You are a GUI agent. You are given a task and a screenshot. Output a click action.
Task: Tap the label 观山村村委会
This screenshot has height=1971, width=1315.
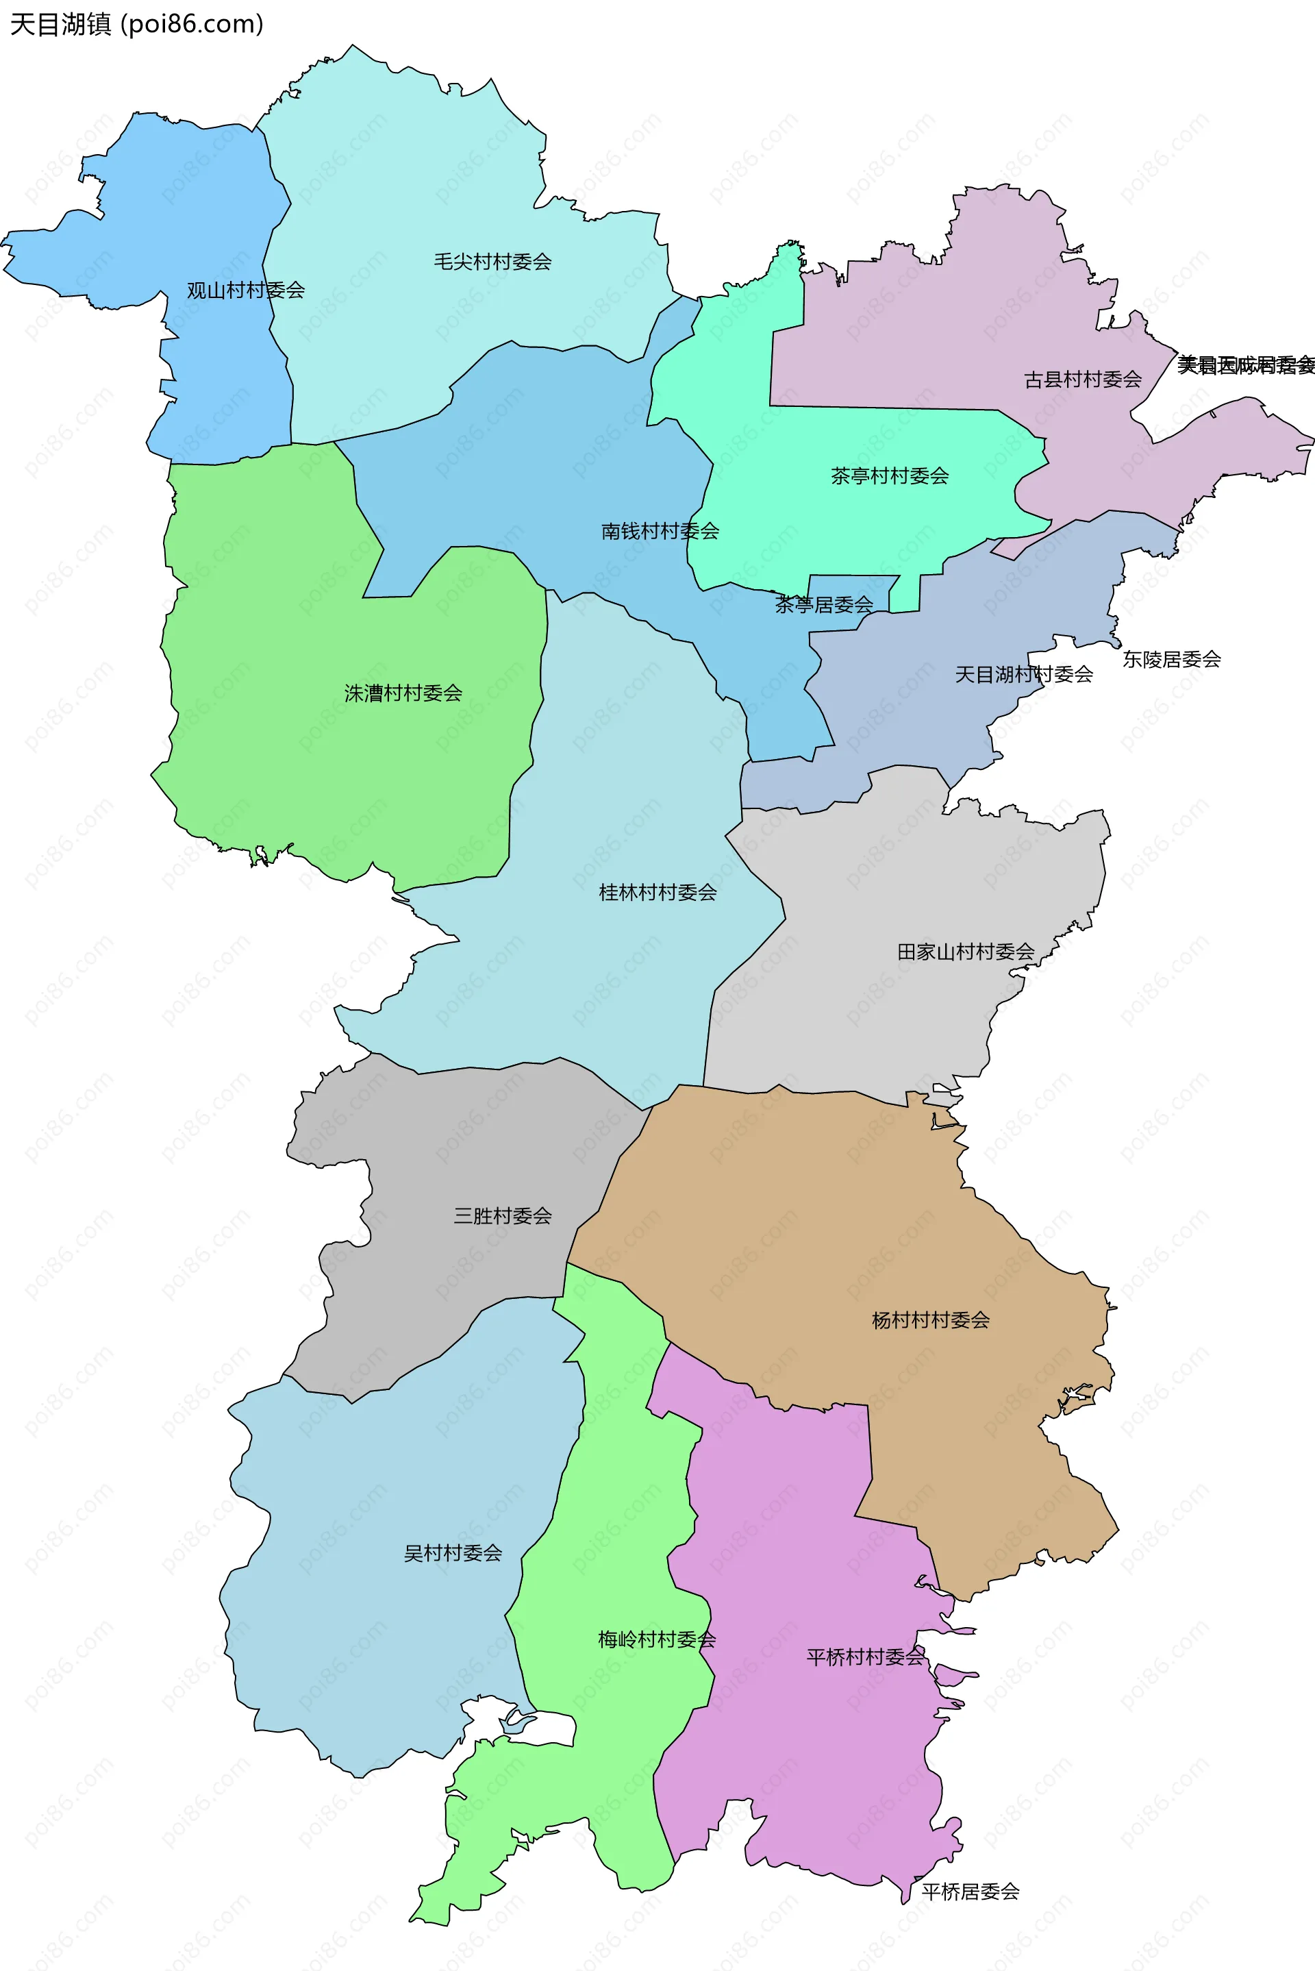245,290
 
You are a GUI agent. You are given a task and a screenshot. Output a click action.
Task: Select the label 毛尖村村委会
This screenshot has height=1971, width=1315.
492,262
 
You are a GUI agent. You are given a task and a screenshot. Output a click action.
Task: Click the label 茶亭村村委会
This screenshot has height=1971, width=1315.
890,476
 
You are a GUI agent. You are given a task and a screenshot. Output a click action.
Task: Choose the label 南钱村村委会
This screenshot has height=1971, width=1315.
660,531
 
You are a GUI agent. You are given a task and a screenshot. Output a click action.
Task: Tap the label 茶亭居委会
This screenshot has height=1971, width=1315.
823,604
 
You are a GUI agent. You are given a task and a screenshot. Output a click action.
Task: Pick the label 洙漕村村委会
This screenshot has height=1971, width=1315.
403,693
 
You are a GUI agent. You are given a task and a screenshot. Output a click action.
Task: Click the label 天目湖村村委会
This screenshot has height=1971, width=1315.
1024,674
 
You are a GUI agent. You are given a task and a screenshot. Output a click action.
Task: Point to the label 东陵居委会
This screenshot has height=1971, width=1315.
1172,659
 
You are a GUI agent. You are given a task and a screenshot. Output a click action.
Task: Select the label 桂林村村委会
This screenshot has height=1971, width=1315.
657,893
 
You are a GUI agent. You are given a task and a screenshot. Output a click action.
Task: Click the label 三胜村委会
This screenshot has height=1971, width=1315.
502,1215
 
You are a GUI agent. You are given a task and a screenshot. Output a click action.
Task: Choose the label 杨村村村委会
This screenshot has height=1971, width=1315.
931,1320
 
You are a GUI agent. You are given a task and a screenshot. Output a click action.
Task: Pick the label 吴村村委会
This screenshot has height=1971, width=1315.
453,1553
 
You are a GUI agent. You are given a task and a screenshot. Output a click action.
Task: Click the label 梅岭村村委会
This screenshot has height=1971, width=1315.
657,1639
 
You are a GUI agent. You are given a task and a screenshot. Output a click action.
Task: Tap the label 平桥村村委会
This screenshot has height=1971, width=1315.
864,1657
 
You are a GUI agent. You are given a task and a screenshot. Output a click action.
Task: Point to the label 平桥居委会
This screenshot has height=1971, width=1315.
970,1892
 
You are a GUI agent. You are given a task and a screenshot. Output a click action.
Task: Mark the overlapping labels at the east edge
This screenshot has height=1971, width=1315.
1245,366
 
